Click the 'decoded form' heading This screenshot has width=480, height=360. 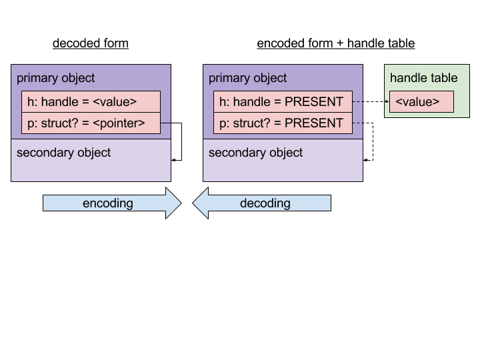pos(91,43)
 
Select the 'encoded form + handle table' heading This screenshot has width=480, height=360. pos(336,43)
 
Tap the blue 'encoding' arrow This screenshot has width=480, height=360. pos(112,203)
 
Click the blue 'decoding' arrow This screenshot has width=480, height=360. pos(262,203)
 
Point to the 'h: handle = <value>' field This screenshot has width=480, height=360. pos(91,101)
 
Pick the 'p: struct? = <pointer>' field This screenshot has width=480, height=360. pos(91,123)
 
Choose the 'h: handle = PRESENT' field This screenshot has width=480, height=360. pos(283,101)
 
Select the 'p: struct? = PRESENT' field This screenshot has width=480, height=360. pos(283,123)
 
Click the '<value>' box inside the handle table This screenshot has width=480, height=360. pos(421,101)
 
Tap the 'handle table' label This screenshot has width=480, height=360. pos(424,78)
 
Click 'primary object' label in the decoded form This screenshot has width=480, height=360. pos(56,79)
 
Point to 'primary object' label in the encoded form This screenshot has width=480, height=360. pos(247,79)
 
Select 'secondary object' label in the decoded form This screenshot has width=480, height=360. pos(64,153)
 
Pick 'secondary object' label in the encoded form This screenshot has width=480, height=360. pos(255,153)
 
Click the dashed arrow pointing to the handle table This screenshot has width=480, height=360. pos(371,101)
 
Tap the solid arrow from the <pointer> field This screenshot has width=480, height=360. pos(181,141)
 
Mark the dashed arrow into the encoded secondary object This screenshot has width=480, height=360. pos(373,141)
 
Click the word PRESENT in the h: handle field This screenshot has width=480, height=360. pos(314,101)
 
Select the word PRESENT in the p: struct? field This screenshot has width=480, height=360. pos(314,123)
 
